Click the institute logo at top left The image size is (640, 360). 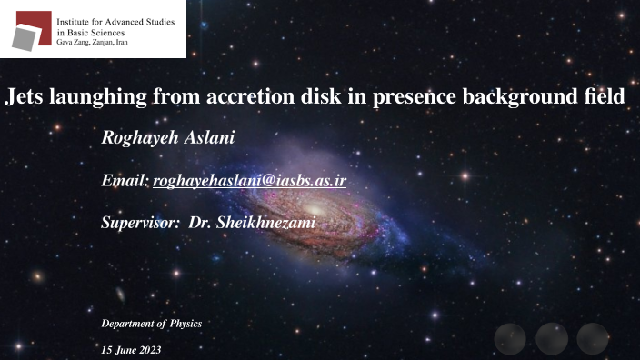29,28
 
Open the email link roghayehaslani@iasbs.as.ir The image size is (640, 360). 249,182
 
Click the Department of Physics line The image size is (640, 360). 151,324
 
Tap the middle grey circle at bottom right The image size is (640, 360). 551,338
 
